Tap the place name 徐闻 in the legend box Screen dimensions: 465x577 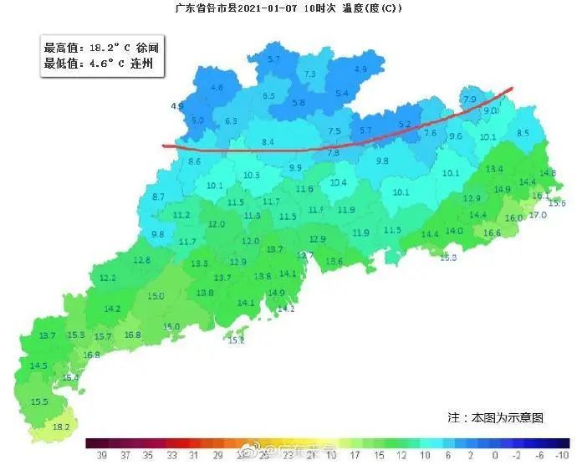click(x=139, y=49)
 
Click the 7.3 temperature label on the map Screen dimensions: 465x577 click(x=310, y=75)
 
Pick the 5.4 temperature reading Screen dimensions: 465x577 click(x=341, y=94)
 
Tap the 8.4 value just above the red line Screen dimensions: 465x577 click(x=268, y=143)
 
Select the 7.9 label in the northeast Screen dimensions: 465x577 click(x=469, y=100)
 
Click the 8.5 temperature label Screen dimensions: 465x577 click(x=523, y=133)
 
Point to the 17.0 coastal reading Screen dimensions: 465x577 click(x=537, y=215)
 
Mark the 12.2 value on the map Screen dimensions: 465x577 click(x=108, y=278)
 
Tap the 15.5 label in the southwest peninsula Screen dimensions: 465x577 click(x=39, y=402)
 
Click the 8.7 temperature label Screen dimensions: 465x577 click(x=158, y=197)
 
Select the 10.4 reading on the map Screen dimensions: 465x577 click(x=338, y=182)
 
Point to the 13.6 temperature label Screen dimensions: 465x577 click(x=334, y=262)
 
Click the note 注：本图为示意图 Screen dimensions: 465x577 click(x=495, y=416)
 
